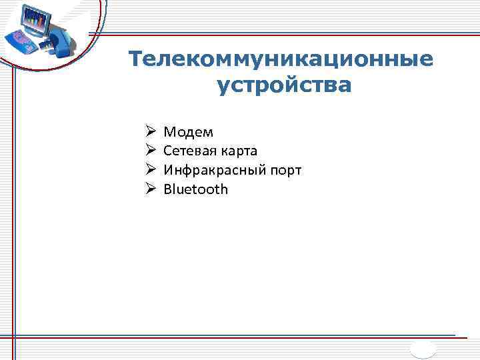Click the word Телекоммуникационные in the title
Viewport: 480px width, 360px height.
coord(281,60)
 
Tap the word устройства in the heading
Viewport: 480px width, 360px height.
coord(283,85)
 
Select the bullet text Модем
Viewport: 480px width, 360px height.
coord(189,133)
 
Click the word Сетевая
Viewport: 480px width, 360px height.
coord(189,151)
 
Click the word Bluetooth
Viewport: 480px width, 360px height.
coord(195,189)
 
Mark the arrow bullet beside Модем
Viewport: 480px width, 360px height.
coord(150,132)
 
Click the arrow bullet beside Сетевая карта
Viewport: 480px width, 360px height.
coord(150,151)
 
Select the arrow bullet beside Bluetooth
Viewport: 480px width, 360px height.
coord(150,189)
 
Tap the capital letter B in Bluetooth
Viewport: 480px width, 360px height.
coord(168,189)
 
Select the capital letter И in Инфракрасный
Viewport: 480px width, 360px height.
coord(169,170)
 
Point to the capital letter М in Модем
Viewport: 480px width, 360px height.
coord(169,133)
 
